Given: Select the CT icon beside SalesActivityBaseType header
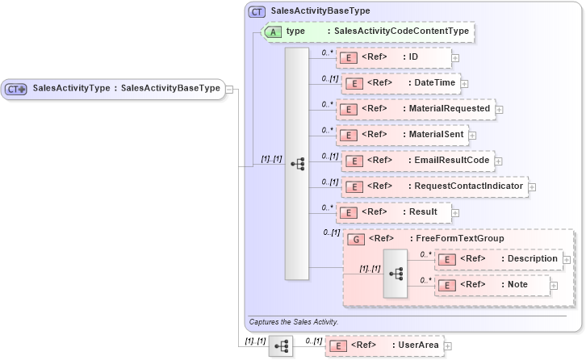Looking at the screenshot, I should click(x=257, y=12).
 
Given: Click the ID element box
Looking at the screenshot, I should click(x=394, y=57).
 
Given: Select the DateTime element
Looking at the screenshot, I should click(x=400, y=83).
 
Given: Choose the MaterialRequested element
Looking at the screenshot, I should click(x=415, y=108).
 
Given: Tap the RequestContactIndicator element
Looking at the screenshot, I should click(x=435, y=186).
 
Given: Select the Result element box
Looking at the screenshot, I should click(x=393, y=212).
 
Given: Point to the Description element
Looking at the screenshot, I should click(x=498, y=258).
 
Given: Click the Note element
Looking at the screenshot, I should click(x=492, y=284).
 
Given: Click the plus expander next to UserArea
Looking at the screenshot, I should click(x=448, y=345).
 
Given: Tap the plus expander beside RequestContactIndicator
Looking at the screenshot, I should click(x=532, y=187).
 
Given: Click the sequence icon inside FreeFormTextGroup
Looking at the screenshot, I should click(x=396, y=273).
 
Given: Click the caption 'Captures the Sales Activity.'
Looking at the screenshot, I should click(x=293, y=321).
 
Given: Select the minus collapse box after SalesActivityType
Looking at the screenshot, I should click(x=230, y=89).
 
